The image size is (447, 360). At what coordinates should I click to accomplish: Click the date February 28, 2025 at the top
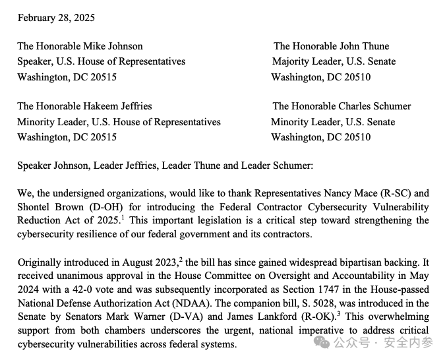click(55, 18)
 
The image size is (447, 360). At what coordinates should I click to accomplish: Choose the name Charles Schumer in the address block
click(376, 106)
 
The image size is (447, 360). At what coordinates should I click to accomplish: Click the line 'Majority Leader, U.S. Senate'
click(334, 61)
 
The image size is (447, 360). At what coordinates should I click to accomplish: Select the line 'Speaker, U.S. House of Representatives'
click(101, 61)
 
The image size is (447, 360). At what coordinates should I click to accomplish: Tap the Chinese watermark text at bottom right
click(384, 342)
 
